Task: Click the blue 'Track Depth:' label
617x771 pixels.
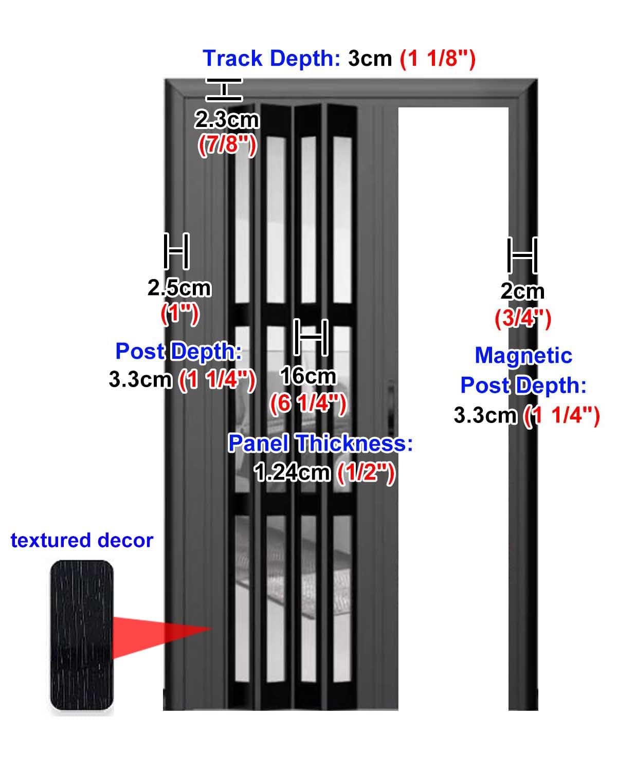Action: click(x=271, y=59)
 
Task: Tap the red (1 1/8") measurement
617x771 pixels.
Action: click(x=438, y=59)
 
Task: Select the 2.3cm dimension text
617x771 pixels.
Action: click(x=226, y=120)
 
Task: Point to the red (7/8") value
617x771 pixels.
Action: click(x=227, y=145)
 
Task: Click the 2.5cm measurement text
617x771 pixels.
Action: click(x=179, y=288)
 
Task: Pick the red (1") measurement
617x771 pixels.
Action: click(x=179, y=314)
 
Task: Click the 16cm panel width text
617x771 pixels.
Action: click(x=308, y=376)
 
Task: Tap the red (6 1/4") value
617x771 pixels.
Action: click(x=308, y=403)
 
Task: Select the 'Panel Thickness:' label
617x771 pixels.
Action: click(x=320, y=443)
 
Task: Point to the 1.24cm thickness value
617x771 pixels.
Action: click(x=292, y=472)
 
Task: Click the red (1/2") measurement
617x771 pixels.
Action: click(x=366, y=472)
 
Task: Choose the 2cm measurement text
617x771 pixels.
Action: click(x=522, y=291)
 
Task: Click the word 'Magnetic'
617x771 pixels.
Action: click(x=523, y=356)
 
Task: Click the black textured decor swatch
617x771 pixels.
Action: click(x=82, y=635)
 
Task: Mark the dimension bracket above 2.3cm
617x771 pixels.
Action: click(x=224, y=89)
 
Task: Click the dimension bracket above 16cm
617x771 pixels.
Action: click(x=311, y=337)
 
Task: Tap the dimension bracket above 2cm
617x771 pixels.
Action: click(x=522, y=255)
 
